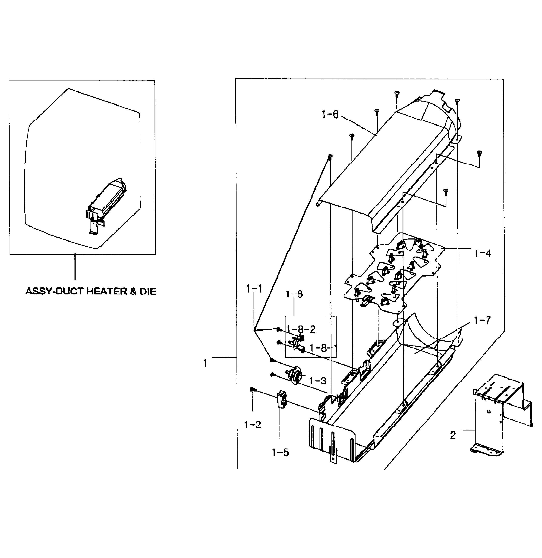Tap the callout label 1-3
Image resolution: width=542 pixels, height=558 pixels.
pos(317,381)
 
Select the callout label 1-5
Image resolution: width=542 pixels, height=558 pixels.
pos(280,452)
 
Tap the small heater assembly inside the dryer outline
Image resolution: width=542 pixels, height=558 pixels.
pos(105,204)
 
